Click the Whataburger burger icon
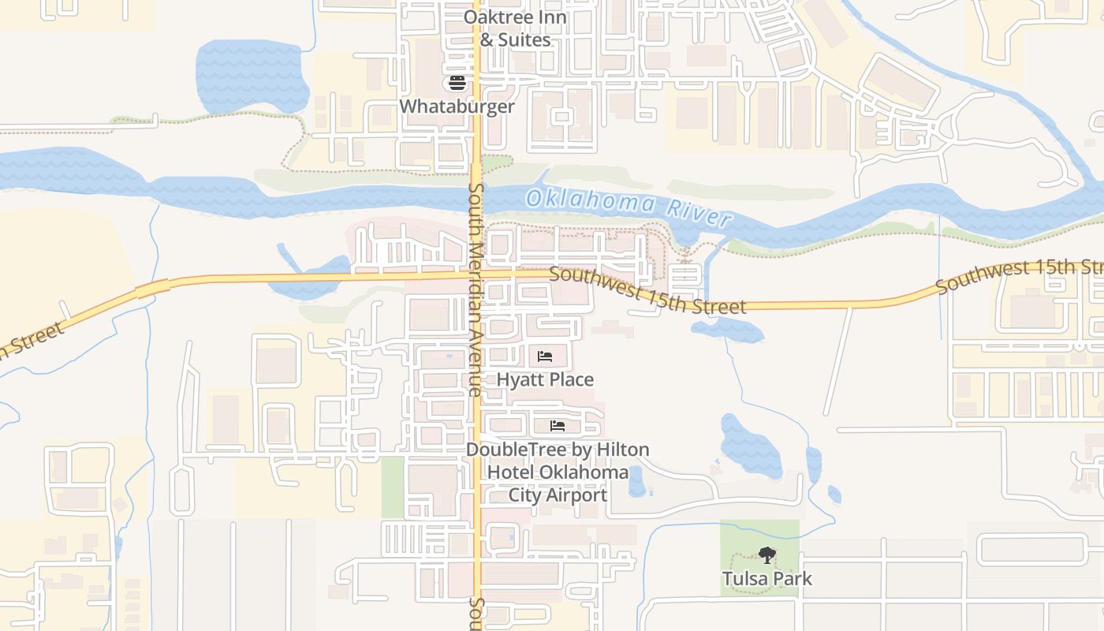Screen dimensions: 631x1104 click(x=457, y=83)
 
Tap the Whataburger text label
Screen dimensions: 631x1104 click(x=457, y=106)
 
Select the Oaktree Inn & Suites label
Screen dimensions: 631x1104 click(x=515, y=28)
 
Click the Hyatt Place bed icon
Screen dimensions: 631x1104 click(x=545, y=357)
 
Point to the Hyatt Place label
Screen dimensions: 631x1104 click(x=545, y=380)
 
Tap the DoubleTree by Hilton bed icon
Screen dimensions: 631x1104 click(x=558, y=426)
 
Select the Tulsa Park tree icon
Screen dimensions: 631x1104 click(x=766, y=555)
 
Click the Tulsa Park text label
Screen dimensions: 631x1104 click(x=766, y=579)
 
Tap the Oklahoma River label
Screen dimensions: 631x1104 click(x=628, y=205)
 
